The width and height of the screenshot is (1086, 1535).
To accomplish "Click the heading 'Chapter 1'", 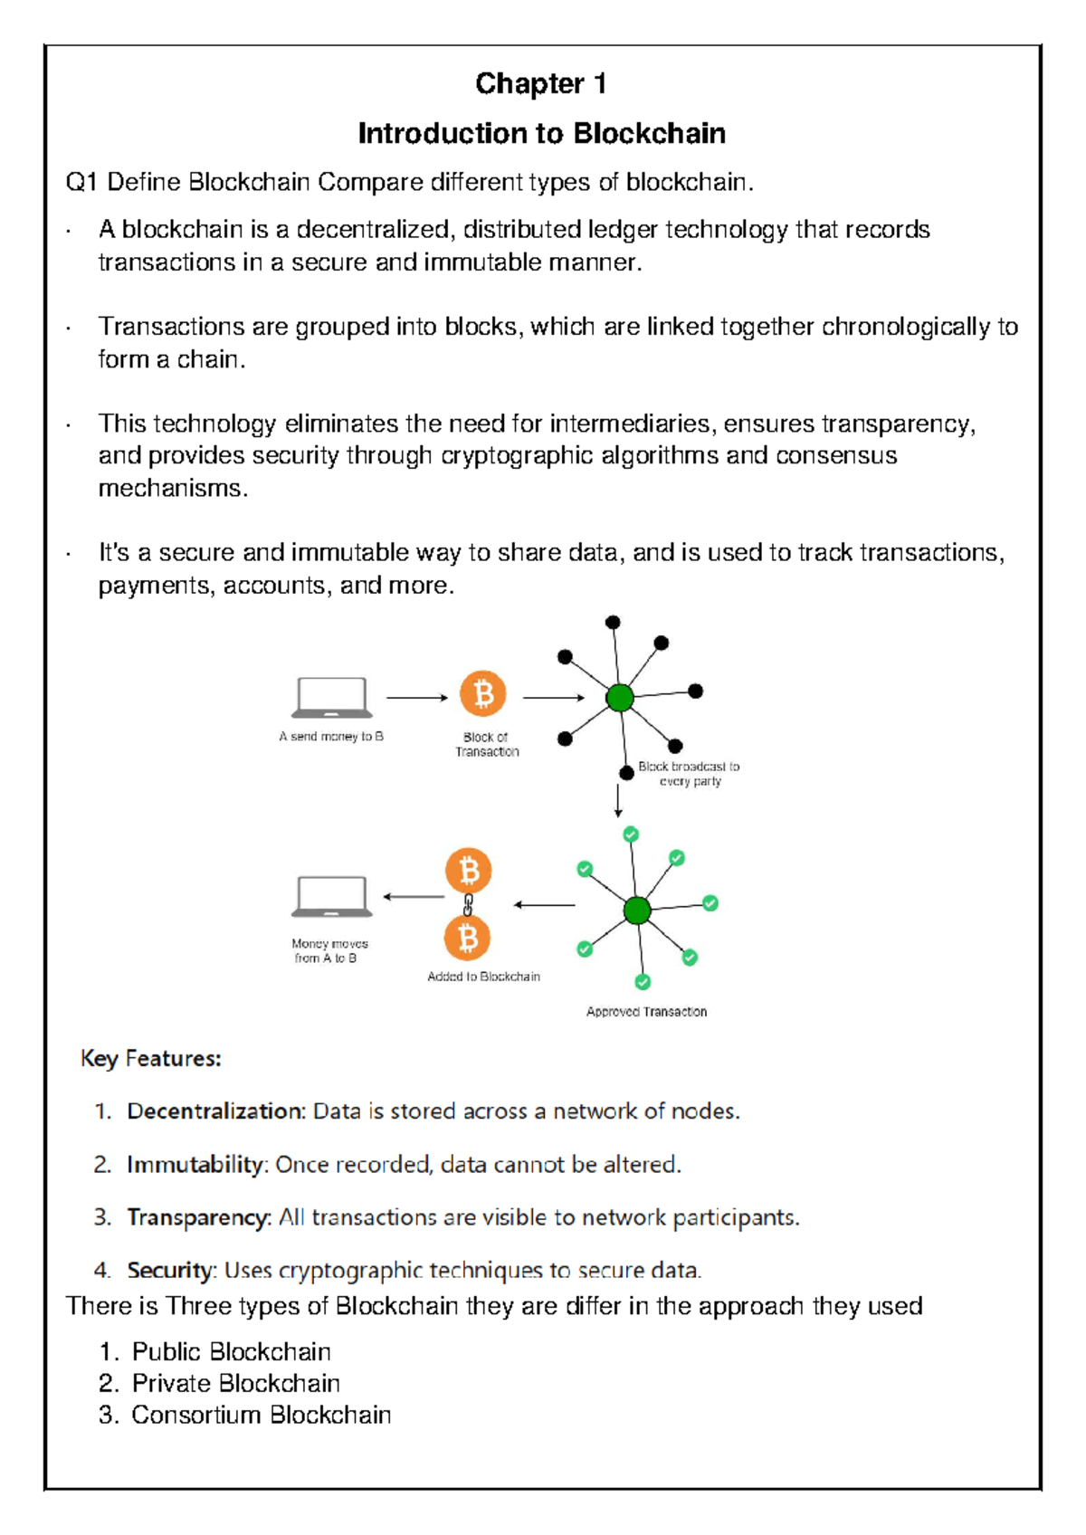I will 540,84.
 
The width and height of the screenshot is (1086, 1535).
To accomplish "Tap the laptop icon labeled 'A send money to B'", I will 331,698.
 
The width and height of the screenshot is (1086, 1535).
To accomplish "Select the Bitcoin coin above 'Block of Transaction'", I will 483,694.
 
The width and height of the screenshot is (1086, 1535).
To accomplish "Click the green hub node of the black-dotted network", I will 620,698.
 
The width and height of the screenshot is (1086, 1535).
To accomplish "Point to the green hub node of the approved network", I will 637,910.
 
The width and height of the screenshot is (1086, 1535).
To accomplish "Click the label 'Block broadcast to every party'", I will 689,774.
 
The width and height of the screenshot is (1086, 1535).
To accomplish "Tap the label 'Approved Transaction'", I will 646,1012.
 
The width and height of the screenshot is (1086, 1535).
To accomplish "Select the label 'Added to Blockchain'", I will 483,977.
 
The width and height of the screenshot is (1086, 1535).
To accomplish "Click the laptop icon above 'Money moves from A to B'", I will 331,897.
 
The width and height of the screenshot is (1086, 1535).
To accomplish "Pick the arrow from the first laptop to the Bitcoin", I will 416,698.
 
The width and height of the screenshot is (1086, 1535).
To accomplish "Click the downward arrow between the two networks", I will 618,801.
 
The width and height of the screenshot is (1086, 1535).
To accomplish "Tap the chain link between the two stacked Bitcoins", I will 468,904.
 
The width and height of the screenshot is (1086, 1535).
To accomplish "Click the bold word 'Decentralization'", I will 214,1111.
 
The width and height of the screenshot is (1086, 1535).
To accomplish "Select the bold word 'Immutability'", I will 195,1165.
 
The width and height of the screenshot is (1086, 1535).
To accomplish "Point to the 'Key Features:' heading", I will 151,1059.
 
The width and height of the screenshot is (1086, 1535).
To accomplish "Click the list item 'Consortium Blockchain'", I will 261,1415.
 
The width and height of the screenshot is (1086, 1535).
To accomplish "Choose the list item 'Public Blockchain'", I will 231,1351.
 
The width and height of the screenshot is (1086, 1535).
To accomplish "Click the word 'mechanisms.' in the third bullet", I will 172,489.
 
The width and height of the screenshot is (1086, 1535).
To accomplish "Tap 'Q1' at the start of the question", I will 81,183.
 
